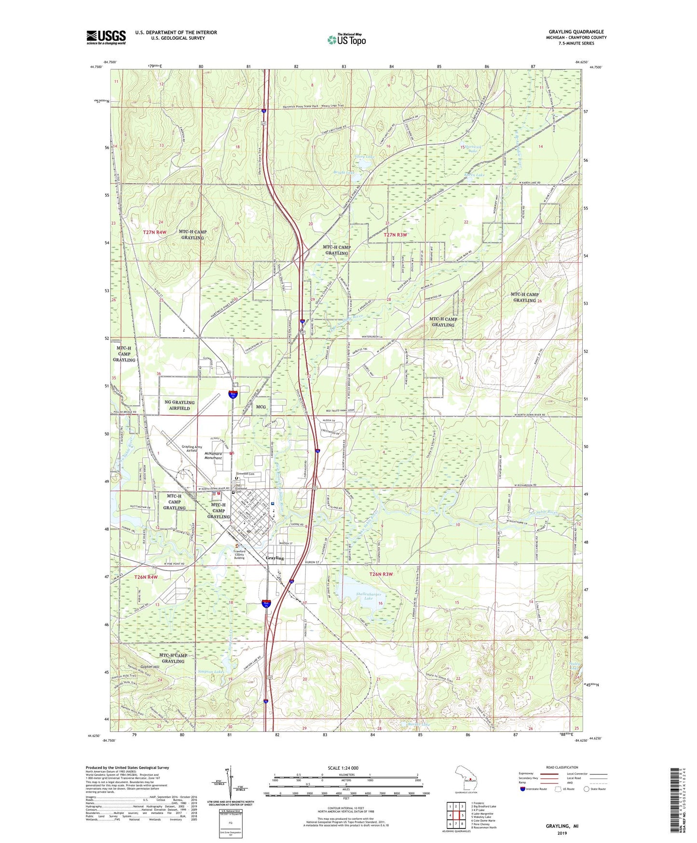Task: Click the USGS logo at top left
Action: coord(106,37)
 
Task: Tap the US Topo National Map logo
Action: coord(346,40)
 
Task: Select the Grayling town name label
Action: coord(275,558)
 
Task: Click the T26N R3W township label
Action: coord(381,574)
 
